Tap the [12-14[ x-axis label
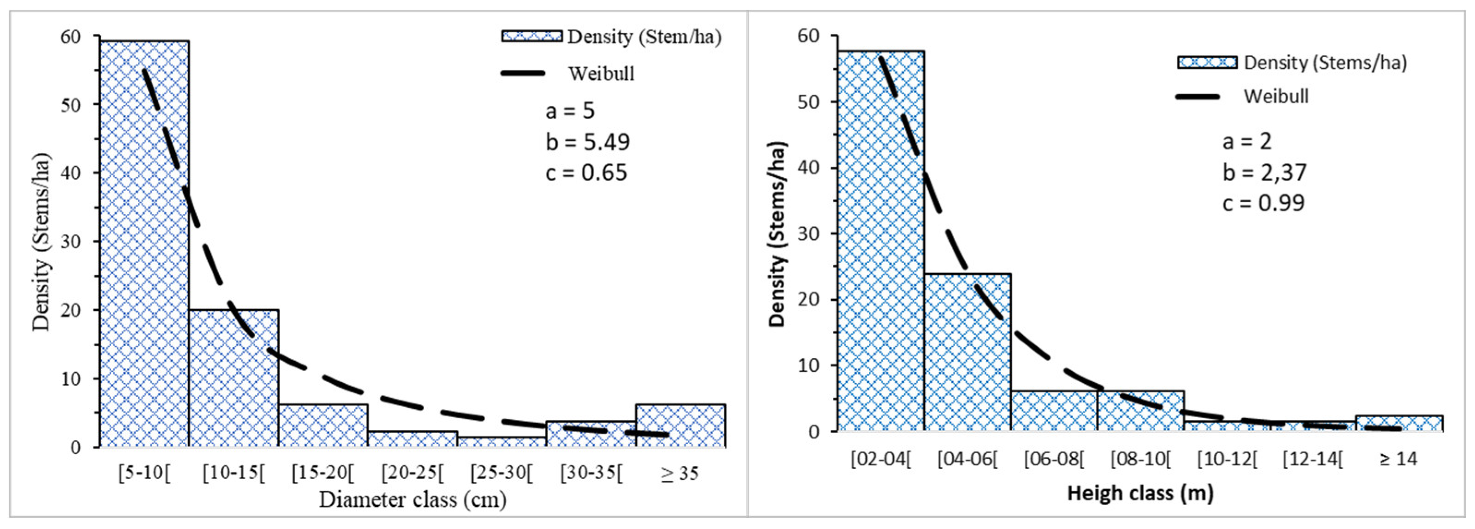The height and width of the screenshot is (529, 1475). [1313, 459]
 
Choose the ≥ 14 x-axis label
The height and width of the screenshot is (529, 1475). [1398, 459]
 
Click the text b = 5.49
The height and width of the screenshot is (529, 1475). [587, 142]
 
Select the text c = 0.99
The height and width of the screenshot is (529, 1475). [1264, 203]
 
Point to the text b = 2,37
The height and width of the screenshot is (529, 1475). [1264, 172]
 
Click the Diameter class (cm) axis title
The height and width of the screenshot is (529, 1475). [412, 500]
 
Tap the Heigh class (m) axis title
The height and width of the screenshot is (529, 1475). [1140, 493]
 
